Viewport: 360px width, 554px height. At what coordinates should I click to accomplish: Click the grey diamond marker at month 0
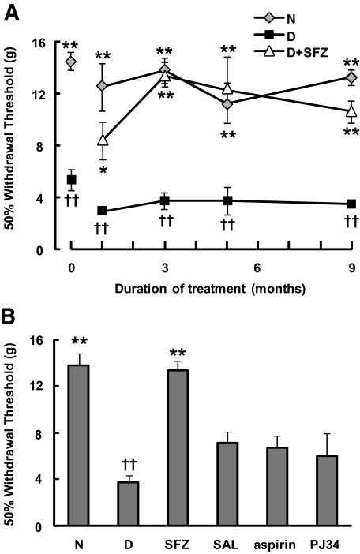[x=71, y=62]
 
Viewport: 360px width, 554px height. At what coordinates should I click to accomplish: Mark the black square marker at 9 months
[x=351, y=204]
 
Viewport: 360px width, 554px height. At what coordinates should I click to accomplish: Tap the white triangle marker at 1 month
[x=102, y=140]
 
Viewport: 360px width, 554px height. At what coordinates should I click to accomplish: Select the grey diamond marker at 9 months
[x=351, y=77]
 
